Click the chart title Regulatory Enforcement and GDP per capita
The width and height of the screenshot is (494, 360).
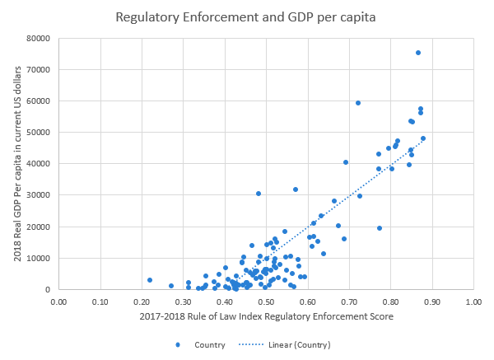pos(246,16)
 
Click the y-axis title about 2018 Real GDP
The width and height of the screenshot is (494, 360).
pos(18,163)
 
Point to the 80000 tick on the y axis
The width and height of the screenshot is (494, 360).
pos(40,38)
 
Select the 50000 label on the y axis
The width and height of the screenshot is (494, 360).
pos(40,133)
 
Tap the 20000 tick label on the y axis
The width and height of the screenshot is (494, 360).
pos(40,227)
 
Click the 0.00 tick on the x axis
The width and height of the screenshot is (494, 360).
pos(58,302)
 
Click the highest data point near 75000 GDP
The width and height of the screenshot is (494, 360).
pos(417,53)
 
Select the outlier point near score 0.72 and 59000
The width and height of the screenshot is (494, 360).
pos(358,103)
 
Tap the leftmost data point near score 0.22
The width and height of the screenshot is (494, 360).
pos(150,280)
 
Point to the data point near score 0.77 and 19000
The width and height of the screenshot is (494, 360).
pos(380,228)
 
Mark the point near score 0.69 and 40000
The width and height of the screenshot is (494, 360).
pos(346,162)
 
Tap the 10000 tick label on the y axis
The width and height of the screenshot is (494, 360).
pos(40,258)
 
